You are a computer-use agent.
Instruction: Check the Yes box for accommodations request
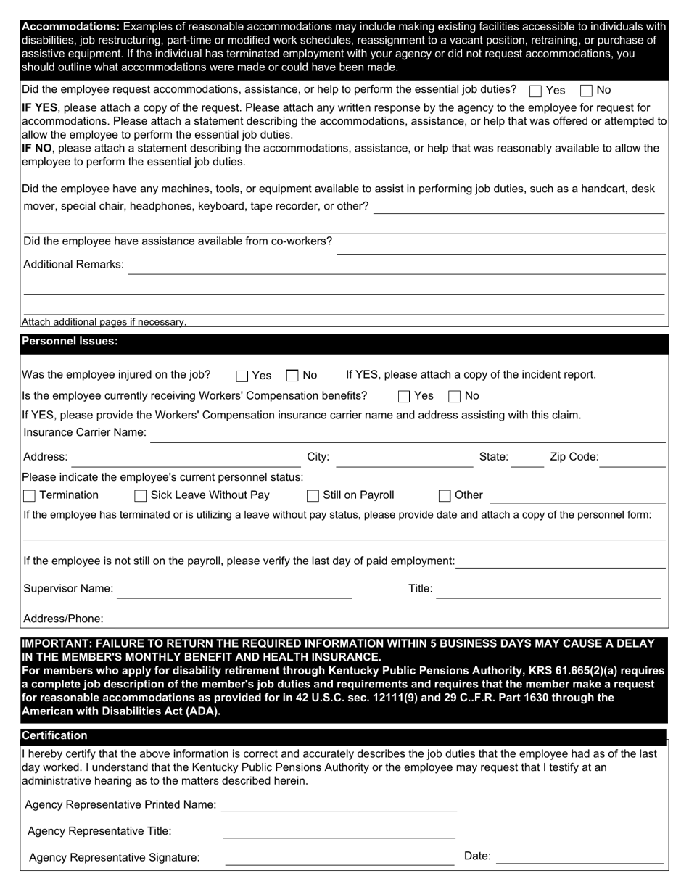(536, 91)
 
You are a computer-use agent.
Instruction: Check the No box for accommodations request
(586, 91)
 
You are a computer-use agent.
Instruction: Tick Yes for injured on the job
(242, 376)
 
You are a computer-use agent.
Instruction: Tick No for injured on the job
(292, 376)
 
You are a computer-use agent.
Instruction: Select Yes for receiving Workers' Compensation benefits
(404, 397)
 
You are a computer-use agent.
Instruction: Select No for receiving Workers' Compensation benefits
(455, 397)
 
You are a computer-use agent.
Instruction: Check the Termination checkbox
(29, 496)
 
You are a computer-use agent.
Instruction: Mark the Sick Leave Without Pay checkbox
(141, 496)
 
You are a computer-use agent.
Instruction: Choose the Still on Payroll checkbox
(313, 496)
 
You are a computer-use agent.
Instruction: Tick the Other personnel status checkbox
(445, 496)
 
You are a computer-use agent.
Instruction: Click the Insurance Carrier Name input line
(406, 434)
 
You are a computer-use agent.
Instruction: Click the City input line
(404, 459)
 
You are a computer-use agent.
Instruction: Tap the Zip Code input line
(632, 459)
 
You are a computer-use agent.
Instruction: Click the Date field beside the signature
(579, 857)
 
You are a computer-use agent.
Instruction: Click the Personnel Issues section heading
(70, 342)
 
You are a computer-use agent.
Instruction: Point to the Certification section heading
(54, 735)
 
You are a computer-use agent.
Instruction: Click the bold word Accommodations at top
(70, 26)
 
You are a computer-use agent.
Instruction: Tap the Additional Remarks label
(73, 265)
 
